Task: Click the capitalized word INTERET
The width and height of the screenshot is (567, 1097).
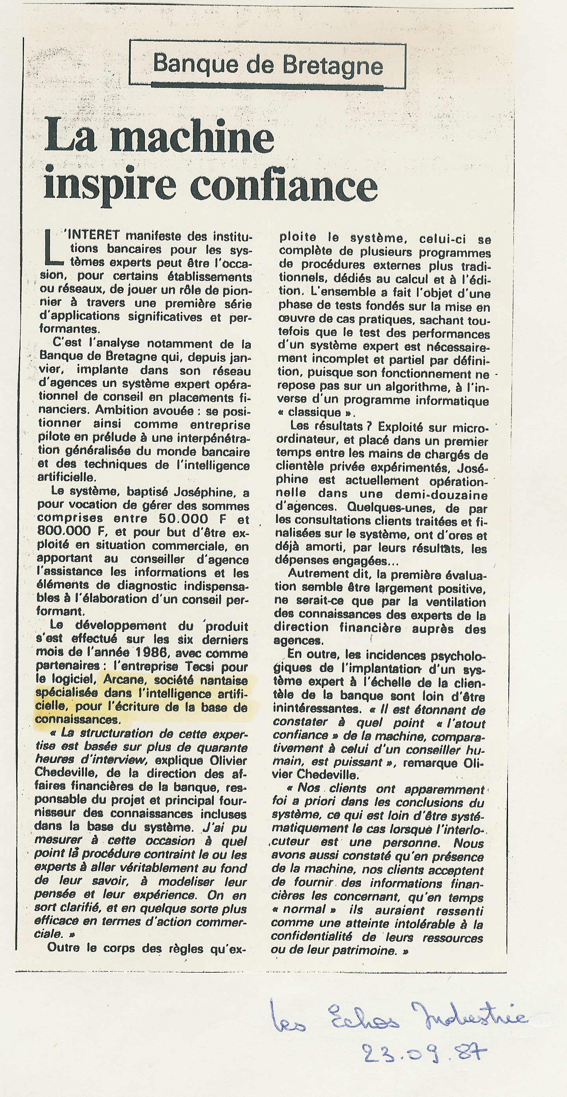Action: tap(91, 235)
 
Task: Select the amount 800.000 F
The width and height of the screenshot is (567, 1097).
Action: tap(64, 532)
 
